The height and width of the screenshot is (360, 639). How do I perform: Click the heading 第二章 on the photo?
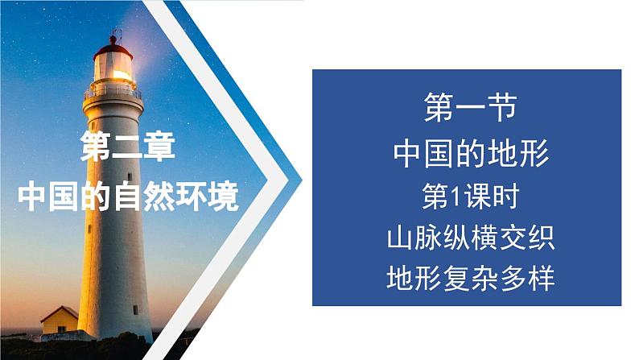pyautogui.click(x=128, y=150)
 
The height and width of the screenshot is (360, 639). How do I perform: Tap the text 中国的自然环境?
pyautogui.click(x=128, y=196)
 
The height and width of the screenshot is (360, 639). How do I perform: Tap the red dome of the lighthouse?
pyautogui.click(x=112, y=45)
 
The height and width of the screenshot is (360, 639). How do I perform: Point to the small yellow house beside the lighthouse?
pyautogui.click(x=60, y=322)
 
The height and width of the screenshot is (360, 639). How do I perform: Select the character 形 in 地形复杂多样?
pyautogui.click(x=427, y=280)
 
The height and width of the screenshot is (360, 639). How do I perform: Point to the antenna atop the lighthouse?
pyautogui.click(x=114, y=31)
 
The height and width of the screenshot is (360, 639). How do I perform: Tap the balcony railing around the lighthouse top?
pyautogui.click(x=112, y=91)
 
